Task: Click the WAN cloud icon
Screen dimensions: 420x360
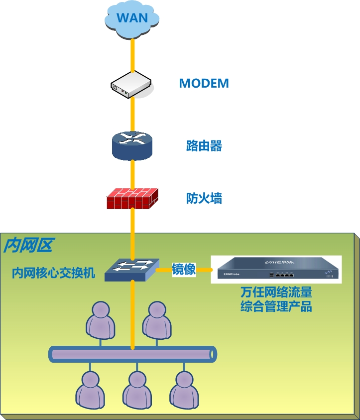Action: coord(132,19)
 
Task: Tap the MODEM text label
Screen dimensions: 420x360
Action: coord(204,83)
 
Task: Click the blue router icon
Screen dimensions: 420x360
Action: coord(132,145)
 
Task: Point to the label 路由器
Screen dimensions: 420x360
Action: coord(204,146)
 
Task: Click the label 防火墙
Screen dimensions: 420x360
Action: coord(204,199)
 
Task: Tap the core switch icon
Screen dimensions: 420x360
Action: coord(132,270)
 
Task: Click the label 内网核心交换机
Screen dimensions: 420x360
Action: coord(53,273)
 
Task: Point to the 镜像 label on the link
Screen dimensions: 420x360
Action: coord(184,269)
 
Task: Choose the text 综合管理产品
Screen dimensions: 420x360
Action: coord(276,306)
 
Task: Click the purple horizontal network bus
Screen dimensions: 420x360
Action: coord(132,354)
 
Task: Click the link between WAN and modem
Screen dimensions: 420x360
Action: coord(132,55)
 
